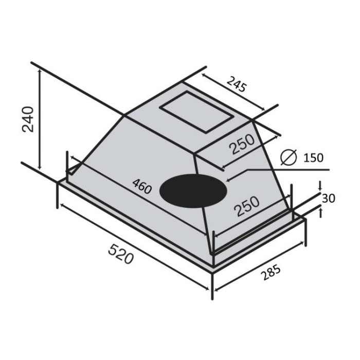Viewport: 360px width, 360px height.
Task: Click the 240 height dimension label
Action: point(28,119)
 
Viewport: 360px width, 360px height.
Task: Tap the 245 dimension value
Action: point(237,85)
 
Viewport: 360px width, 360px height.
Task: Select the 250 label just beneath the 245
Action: point(243,144)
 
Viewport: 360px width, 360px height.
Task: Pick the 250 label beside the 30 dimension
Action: point(247,206)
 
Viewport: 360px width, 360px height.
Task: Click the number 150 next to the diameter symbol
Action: point(313,158)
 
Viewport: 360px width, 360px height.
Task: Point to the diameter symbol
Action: point(289,157)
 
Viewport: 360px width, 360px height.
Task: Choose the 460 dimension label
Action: point(142,186)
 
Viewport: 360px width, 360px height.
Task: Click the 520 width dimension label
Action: point(121,254)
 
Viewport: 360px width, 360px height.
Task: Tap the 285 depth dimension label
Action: point(271,272)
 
